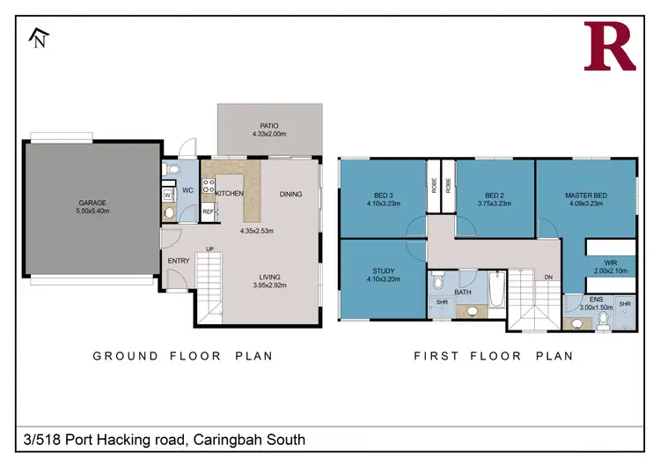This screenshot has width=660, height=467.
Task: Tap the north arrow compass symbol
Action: [38, 37]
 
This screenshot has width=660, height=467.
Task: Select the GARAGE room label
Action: [92, 203]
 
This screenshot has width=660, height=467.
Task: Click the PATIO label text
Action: [269, 125]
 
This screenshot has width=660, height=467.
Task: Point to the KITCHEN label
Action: [229, 193]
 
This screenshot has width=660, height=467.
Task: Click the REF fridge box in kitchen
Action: [209, 211]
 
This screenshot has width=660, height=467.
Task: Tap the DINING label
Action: [290, 194]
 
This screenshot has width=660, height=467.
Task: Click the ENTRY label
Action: [179, 260]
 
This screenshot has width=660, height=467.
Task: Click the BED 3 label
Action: [383, 195]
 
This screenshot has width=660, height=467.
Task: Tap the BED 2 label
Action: [495, 195]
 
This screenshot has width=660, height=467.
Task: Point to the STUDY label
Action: [383, 271]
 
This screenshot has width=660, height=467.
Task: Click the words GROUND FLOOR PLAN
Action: [183, 356]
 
